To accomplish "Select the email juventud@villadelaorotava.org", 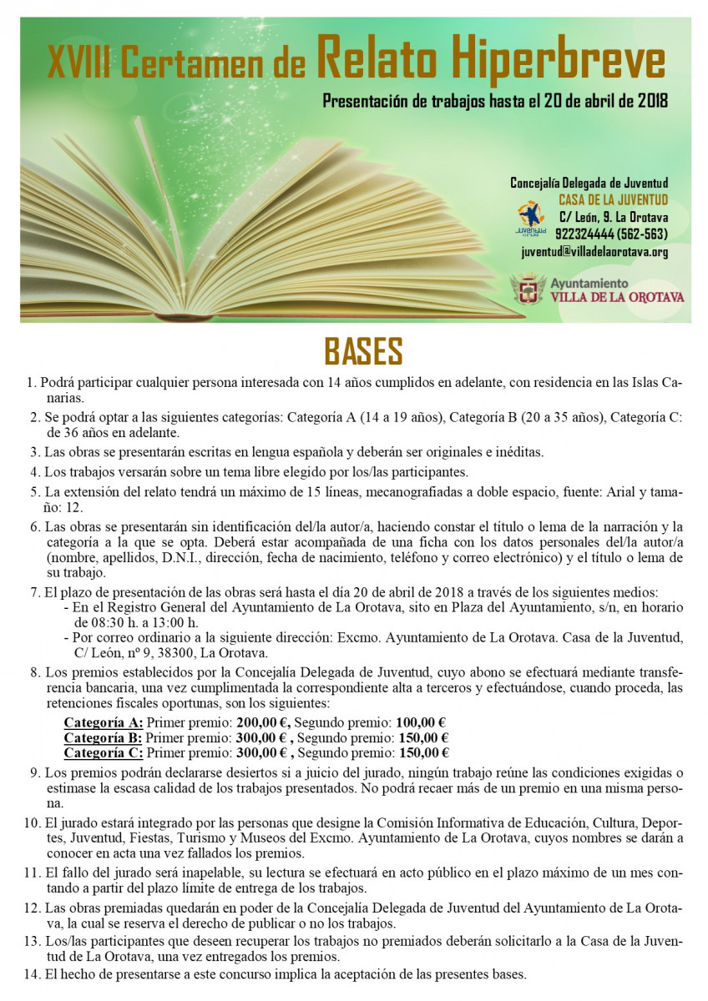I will pyautogui.click(x=594, y=251).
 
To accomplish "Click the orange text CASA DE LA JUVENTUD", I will pyautogui.click(x=613, y=200).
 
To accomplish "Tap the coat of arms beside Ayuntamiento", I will pyautogui.click(x=528, y=289).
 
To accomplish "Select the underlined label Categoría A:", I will pyautogui.click(x=104, y=722).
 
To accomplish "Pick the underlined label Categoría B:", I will pyautogui.click(x=104, y=737).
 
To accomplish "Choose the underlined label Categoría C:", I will pyautogui.click(x=104, y=752).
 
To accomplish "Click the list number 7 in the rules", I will pyautogui.click(x=34, y=593).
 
